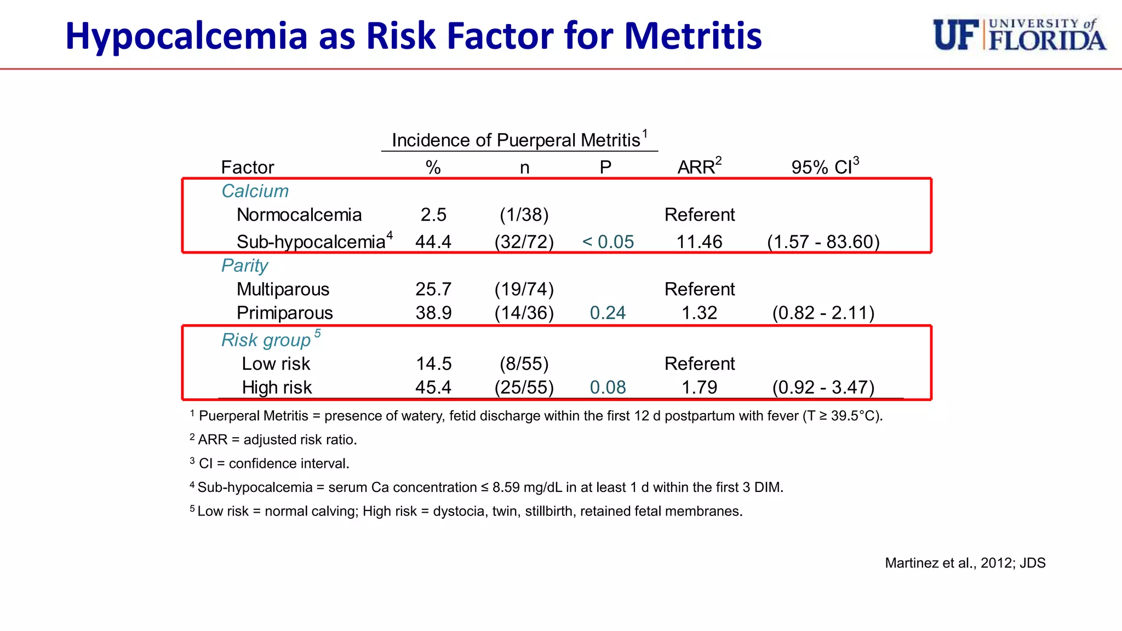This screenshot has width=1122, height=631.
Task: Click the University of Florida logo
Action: click(1019, 35)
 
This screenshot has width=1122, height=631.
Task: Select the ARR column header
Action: click(699, 167)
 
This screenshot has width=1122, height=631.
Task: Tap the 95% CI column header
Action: click(824, 167)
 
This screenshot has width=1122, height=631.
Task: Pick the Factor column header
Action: click(247, 167)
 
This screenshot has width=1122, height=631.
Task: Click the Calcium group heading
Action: click(255, 191)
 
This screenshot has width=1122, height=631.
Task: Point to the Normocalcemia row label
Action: click(299, 215)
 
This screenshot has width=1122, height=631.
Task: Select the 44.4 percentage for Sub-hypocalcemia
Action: click(433, 242)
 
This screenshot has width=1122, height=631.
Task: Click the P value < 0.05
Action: click(608, 242)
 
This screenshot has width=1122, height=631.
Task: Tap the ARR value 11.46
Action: click(699, 242)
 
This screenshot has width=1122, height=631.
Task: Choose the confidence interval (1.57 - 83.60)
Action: click(823, 242)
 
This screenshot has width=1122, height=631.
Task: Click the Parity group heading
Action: click(244, 266)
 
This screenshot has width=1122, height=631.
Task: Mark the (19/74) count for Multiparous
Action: click(524, 289)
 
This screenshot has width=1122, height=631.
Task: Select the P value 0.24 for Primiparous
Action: click(608, 313)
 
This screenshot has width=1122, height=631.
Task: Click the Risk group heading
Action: click(266, 340)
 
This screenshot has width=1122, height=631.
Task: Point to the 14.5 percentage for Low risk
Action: click(433, 364)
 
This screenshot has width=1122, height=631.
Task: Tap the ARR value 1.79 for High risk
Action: click(699, 387)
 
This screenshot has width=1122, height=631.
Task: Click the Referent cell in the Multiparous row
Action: click(699, 289)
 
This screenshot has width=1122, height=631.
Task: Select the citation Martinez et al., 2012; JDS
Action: click(965, 563)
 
